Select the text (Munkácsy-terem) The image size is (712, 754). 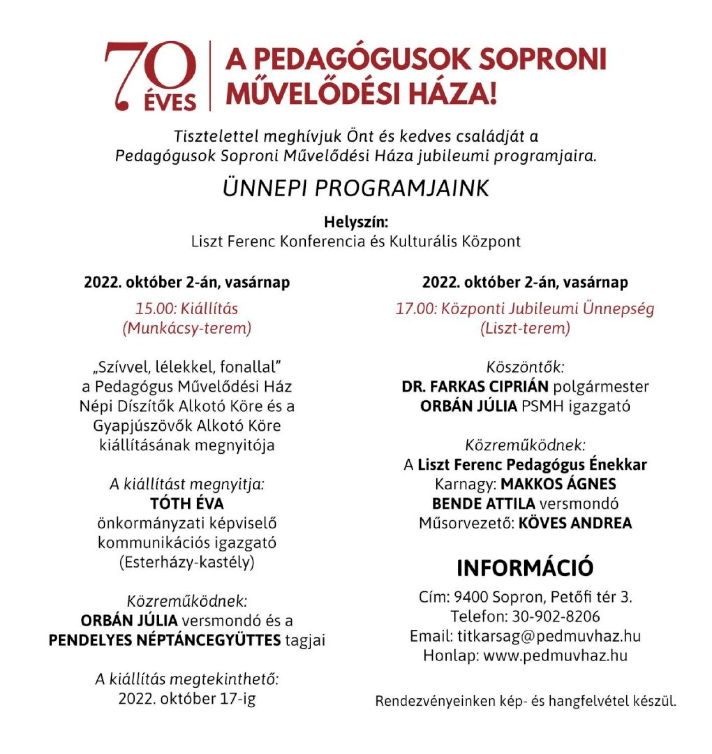tap(187, 328)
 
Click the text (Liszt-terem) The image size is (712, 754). tap(525, 328)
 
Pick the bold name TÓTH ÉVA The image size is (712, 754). tap(187, 504)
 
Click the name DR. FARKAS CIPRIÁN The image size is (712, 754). tap(475, 387)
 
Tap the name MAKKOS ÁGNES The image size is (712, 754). tap(558, 484)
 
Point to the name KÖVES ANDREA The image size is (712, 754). tap(575, 524)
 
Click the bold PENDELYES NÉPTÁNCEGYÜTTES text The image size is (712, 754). tap(165, 640)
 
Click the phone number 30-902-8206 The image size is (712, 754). tap(556, 617)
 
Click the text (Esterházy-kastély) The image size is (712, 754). tap(187, 562)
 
